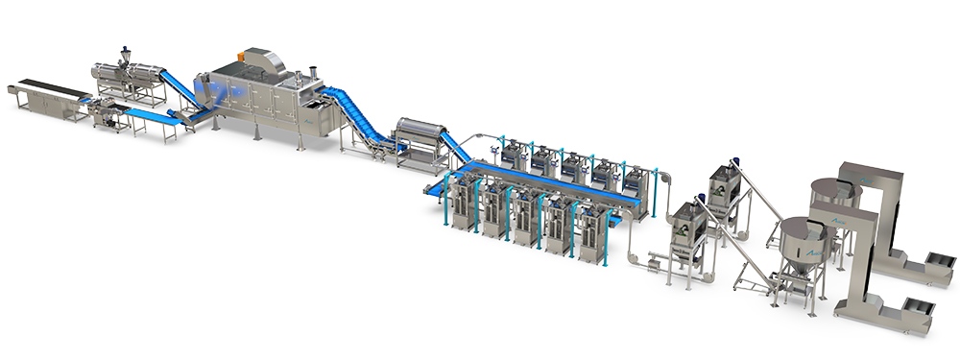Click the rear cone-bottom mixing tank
(x=827, y=197)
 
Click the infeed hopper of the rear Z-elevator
(x=937, y=262)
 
